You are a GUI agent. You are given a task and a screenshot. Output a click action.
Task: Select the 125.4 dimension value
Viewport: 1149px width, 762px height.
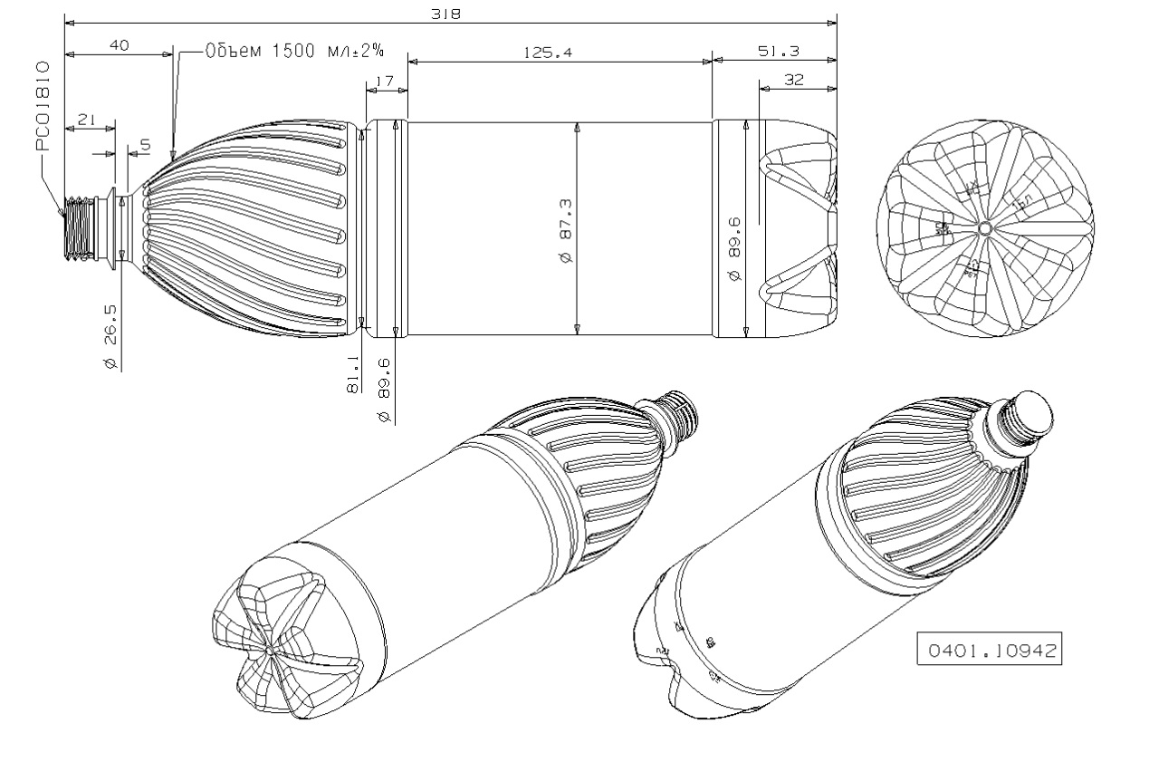click(x=548, y=53)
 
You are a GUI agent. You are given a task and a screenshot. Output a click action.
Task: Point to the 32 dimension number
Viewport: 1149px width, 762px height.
click(x=794, y=80)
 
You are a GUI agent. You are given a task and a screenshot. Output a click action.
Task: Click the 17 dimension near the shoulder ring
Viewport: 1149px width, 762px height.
click(x=384, y=82)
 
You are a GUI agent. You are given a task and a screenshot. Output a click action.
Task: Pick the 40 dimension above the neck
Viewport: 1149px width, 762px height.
click(x=119, y=45)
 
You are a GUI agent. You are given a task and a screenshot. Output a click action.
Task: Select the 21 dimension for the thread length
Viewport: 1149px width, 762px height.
click(x=89, y=120)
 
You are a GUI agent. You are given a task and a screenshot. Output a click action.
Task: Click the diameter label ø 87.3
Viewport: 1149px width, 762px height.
click(x=567, y=230)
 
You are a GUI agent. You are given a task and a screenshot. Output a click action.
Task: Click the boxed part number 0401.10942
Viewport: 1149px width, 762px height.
click(x=989, y=651)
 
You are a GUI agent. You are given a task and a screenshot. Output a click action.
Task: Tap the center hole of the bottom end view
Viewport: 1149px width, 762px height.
click(x=984, y=227)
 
